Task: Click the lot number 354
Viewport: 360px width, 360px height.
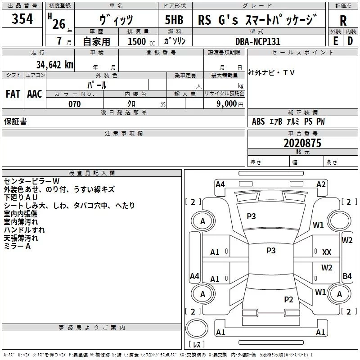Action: (22, 19)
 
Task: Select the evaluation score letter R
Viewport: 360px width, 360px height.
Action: (343, 21)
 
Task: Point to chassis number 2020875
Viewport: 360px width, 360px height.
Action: (302, 143)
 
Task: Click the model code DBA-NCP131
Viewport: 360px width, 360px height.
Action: (258, 41)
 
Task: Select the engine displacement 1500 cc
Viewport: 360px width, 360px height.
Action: (138, 41)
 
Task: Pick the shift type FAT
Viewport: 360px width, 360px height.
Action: (13, 94)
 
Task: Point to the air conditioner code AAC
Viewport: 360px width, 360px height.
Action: (35, 94)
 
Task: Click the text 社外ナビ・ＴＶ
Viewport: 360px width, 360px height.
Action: (271, 72)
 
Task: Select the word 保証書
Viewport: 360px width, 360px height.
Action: (15, 121)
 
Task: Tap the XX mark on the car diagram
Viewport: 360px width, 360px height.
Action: (327, 252)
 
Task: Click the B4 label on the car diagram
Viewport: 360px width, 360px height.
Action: (347, 276)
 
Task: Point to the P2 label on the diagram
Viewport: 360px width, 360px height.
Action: (289, 299)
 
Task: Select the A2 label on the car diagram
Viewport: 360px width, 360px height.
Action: (321, 184)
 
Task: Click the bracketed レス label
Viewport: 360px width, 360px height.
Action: (196, 345)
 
